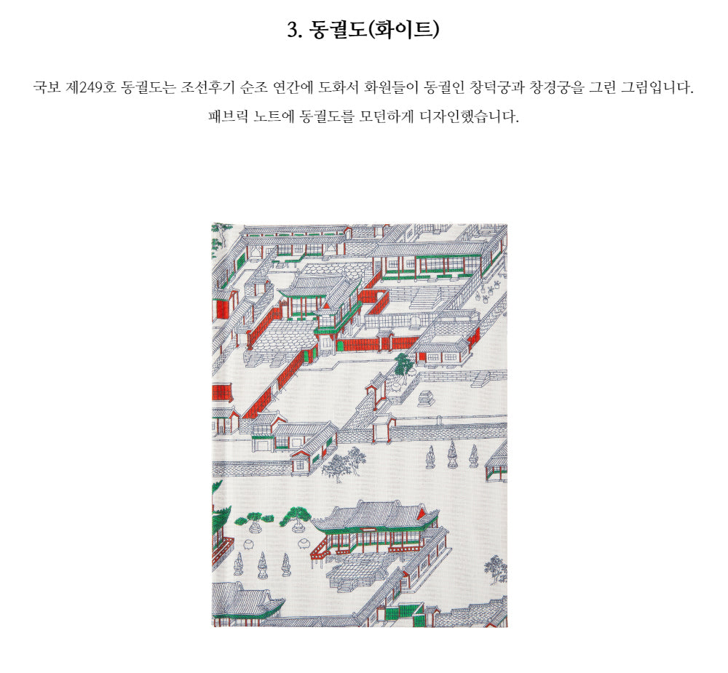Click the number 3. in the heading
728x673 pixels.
pos(294,30)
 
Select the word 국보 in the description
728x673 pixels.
pos(47,87)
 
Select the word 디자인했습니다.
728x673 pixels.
pos(470,116)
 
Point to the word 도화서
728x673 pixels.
pos(337,87)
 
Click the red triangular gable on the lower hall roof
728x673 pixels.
pos(422,514)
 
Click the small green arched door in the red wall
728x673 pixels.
pos(340,345)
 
